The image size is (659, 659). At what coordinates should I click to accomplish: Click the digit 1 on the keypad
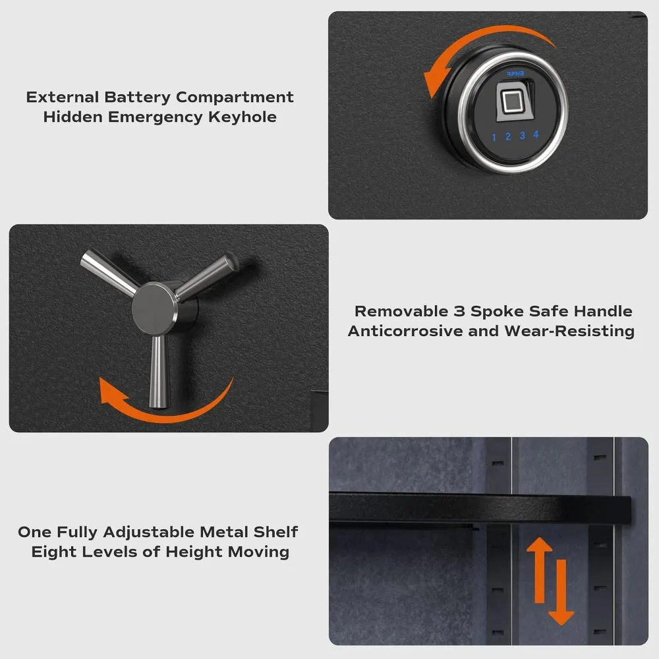(x=494, y=138)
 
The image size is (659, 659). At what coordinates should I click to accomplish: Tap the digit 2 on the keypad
(x=507, y=136)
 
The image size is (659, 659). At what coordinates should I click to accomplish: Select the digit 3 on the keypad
(x=522, y=135)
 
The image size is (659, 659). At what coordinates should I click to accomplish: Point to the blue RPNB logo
(x=515, y=74)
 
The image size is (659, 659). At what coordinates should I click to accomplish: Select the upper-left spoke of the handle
(x=109, y=271)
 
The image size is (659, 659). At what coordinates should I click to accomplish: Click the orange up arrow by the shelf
(x=539, y=569)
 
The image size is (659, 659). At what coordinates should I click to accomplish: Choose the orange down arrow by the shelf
(x=561, y=592)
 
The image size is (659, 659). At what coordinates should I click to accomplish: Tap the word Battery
(x=138, y=97)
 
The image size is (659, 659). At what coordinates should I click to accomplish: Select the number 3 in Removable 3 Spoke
(x=459, y=312)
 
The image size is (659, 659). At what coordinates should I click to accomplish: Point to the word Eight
(x=54, y=552)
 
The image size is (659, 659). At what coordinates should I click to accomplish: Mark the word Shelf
(x=275, y=532)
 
